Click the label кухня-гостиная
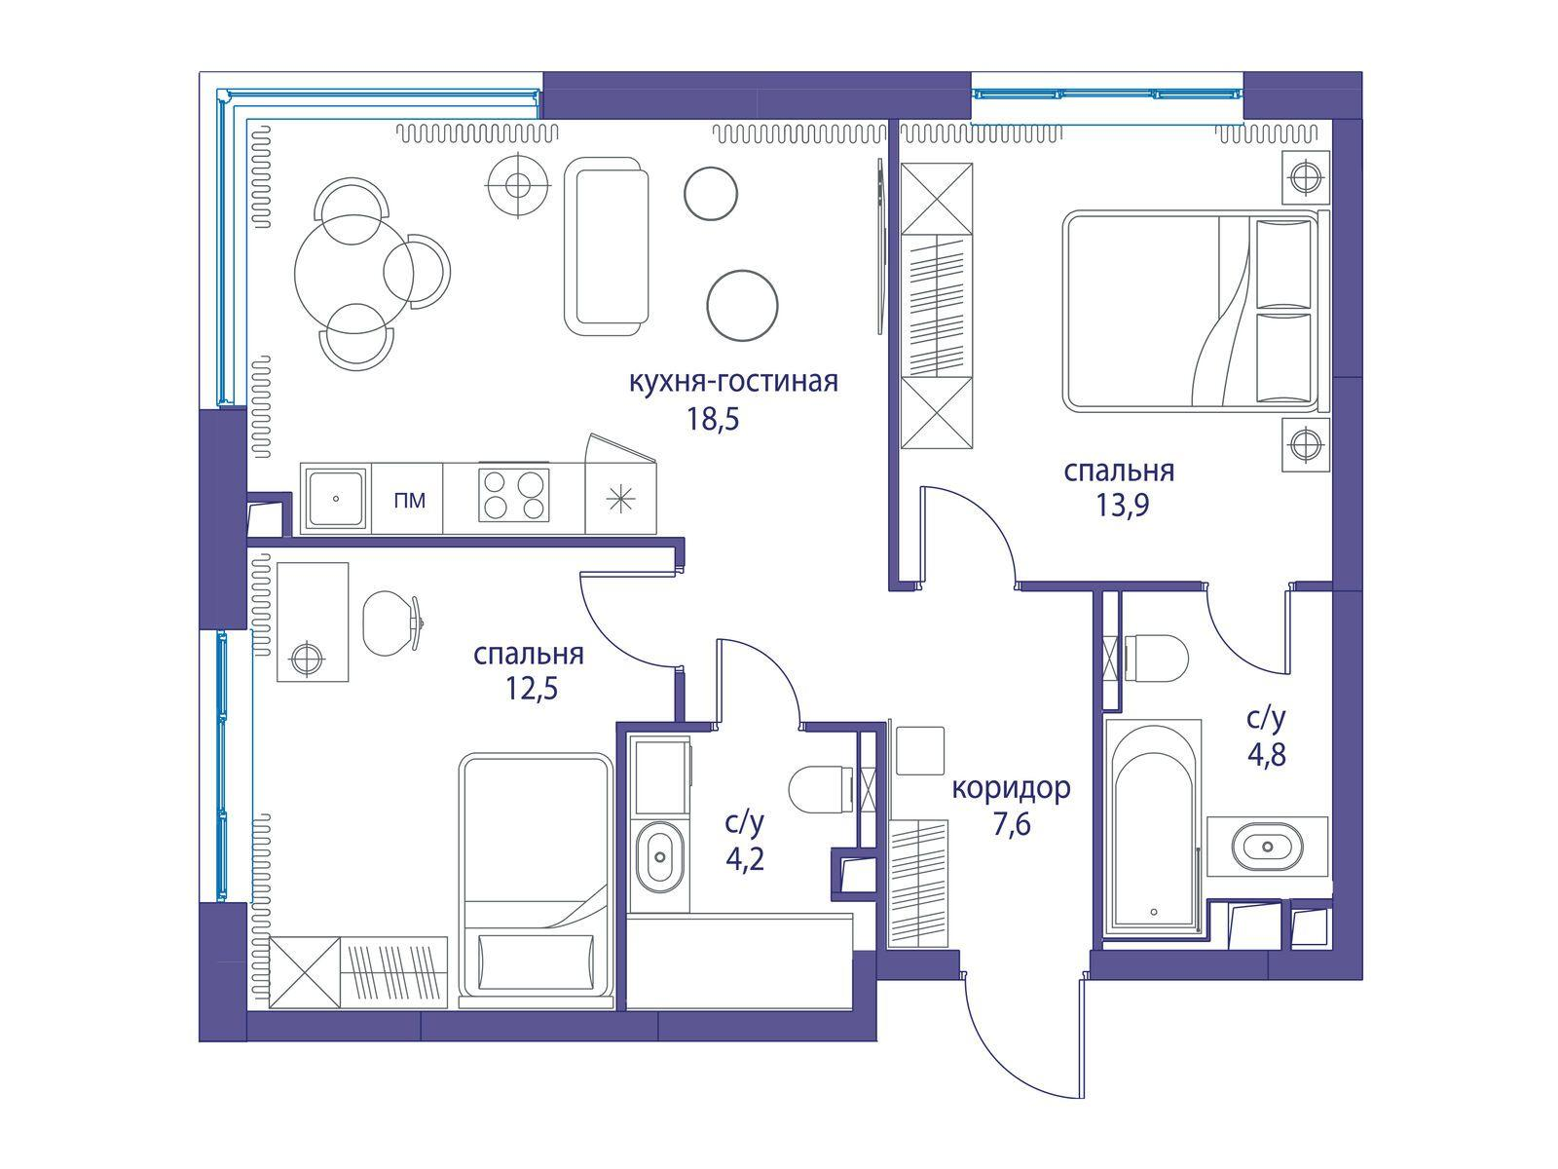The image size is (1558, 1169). click(733, 383)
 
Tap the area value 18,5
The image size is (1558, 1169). click(712, 420)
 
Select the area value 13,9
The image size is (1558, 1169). click(1122, 506)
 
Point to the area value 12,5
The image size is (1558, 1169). click(532, 688)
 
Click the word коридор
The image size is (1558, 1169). click(1011, 788)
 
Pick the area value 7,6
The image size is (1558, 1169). click(1012, 825)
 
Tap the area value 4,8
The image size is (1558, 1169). click(1267, 754)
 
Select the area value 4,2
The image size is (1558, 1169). click(745, 859)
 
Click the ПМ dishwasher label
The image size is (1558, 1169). click(410, 501)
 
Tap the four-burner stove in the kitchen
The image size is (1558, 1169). click(514, 496)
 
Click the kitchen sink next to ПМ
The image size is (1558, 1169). click(336, 498)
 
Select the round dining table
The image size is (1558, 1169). click(354, 274)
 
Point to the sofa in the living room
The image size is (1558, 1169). click(607, 246)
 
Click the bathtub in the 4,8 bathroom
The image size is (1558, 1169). click(1155, 827)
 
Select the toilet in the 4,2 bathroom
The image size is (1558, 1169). click(821, 789)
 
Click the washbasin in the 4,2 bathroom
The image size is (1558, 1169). click(661, 856)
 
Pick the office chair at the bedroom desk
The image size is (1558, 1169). click(392, 623)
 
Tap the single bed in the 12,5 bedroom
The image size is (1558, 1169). click(536, 880)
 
